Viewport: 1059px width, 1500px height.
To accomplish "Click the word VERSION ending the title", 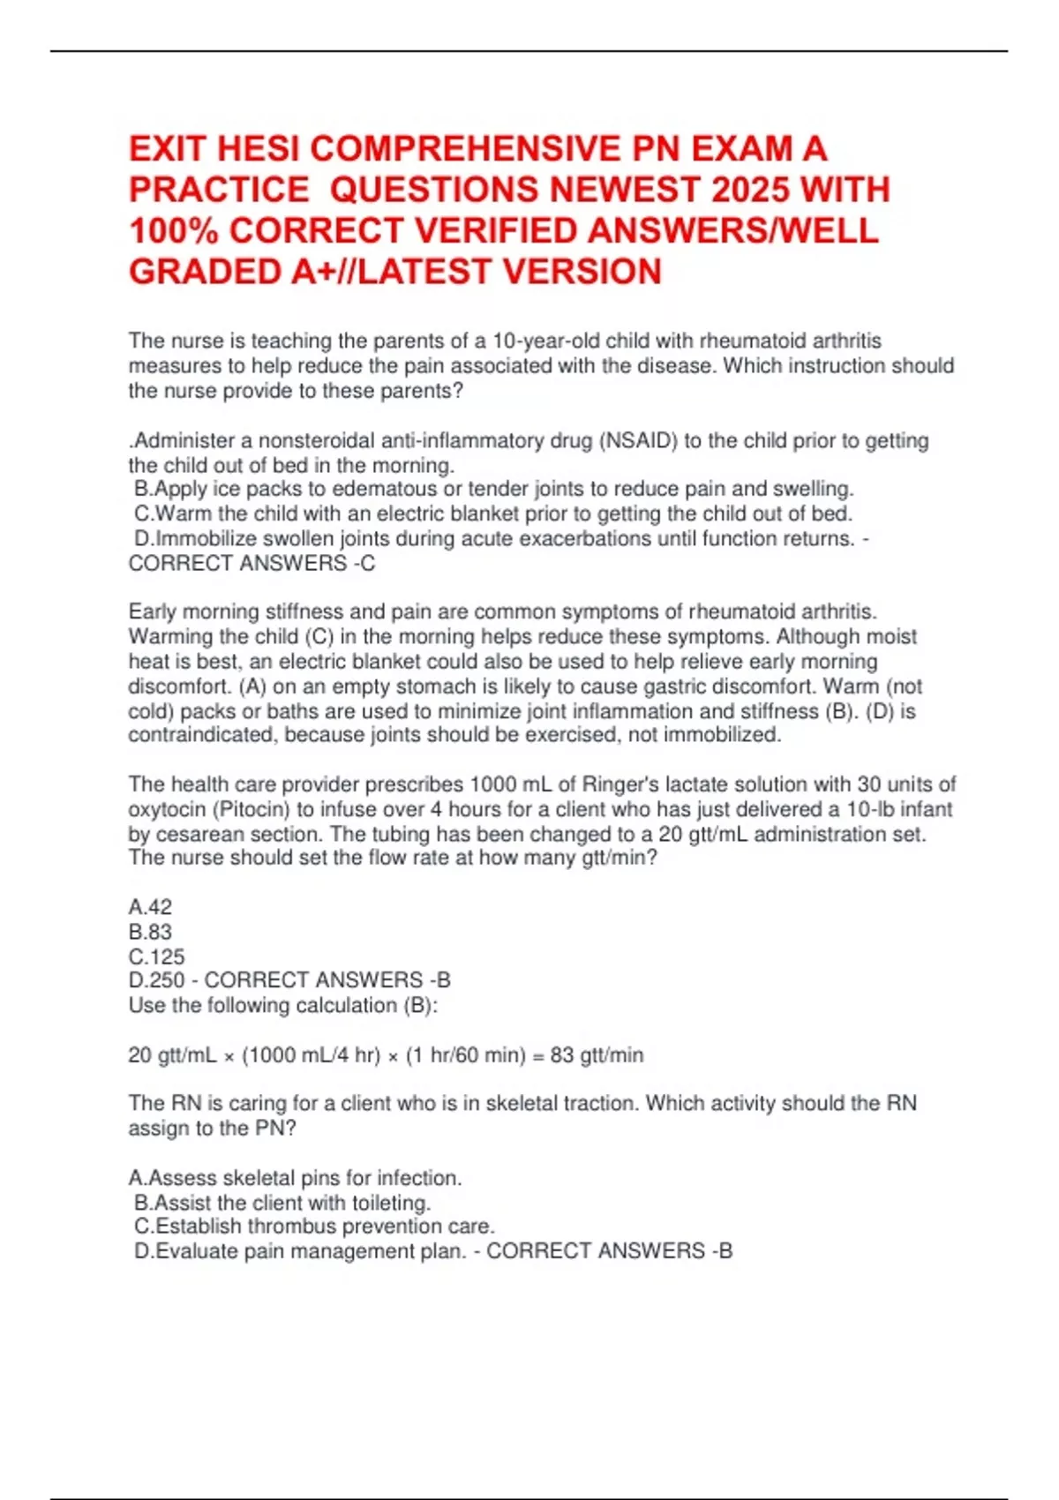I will [582, 272].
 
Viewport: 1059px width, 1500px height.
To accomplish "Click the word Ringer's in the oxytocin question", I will [624, 784].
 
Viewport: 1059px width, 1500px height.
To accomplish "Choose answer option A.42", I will [150, 907].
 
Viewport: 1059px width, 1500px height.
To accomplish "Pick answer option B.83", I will [150, 932].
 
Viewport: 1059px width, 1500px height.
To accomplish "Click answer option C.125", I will [156, 956].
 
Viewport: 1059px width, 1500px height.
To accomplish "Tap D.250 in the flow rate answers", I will [156, 980].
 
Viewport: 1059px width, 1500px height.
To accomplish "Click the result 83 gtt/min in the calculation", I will [597, 1055].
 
